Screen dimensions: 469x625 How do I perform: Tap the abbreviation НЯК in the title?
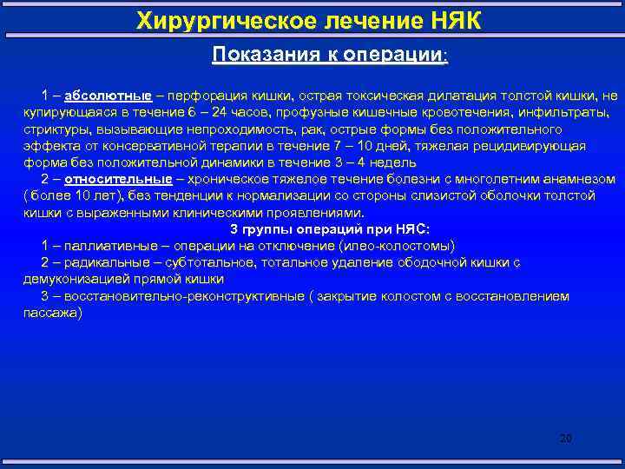(451, 19)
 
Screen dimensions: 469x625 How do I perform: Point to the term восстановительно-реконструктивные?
(177, 296)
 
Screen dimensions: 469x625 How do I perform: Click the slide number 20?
(565, 438)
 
